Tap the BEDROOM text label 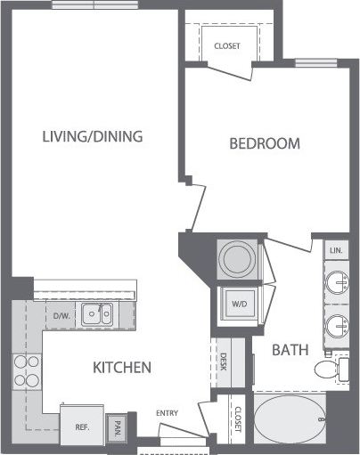pyautogui.click(x=264, y=143)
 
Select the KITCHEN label pyautogui.click(x=120, y=367)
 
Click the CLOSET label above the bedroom pyautogui.click(x=226, y=45)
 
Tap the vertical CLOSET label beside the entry pyautogui.click(x=238, y=419)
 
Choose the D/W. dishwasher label pyautogui.click(x=61, y=315)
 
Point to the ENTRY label pyautogui.click(x=168, y=413)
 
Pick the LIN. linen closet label pyautogui.click(x=335, y=251)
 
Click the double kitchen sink pyautogui.click(x=96, y=313)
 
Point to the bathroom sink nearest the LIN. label pyautogui.click(x=335, y=284)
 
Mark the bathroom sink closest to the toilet pyautogui.click(x=335, y=325)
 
